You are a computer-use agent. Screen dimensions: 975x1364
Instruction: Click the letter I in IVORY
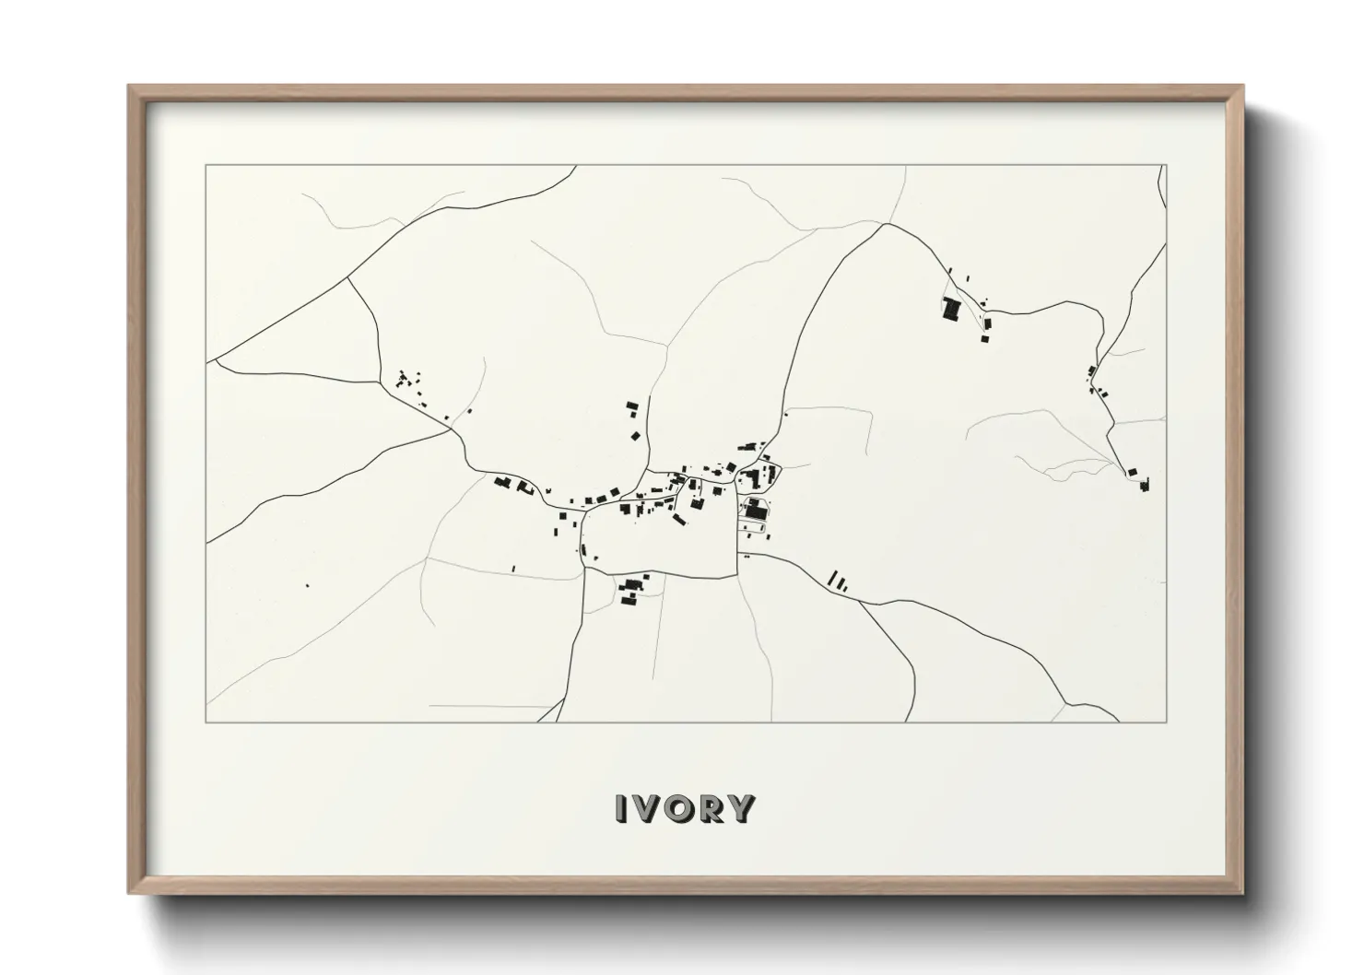coord(622,808)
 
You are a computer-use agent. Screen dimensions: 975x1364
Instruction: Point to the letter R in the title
coord(712,808)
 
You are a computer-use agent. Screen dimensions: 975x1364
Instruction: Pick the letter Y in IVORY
coord(741,808)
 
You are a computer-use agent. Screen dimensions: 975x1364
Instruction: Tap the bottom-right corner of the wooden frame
coord(1242,893)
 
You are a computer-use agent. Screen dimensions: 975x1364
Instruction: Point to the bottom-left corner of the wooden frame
coord(130,893)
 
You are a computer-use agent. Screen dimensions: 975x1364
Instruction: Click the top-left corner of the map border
coord(206,166)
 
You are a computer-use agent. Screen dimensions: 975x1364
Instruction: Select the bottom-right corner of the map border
coord(1166,722)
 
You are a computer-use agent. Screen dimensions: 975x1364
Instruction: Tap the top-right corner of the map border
coord(1166,166)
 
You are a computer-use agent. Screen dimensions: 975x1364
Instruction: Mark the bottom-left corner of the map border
coord(206,722)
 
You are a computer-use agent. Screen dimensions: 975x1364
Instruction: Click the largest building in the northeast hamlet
coord(950,309)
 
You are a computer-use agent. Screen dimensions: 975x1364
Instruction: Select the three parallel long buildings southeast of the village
coord(837,580)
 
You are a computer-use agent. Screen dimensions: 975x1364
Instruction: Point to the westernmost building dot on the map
coord(307,585)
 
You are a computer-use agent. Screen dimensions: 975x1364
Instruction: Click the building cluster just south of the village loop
coord(631,591)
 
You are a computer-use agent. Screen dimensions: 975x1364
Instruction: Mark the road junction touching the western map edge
coord(208,360)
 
